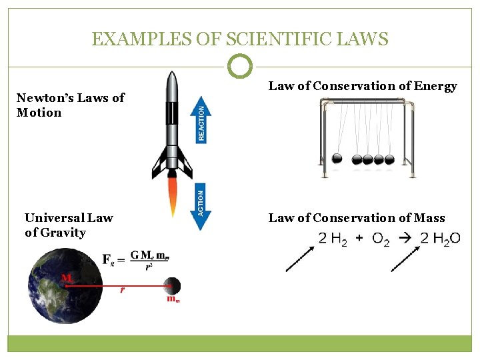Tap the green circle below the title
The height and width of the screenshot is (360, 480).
240,67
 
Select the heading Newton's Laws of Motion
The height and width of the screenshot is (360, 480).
70,105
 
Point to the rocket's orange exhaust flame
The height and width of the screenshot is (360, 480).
173,195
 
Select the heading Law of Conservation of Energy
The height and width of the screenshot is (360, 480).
363,86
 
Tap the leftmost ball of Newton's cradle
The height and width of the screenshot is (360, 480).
337,159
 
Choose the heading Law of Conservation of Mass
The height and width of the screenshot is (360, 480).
356,218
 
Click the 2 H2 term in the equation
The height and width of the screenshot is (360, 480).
333,239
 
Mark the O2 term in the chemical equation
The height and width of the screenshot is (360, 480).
381,239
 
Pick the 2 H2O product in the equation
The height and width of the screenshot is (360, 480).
440,239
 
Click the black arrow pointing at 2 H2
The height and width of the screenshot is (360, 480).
299,258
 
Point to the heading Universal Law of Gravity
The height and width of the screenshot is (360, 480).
69,225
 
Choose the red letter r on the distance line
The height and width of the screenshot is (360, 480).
122,290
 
